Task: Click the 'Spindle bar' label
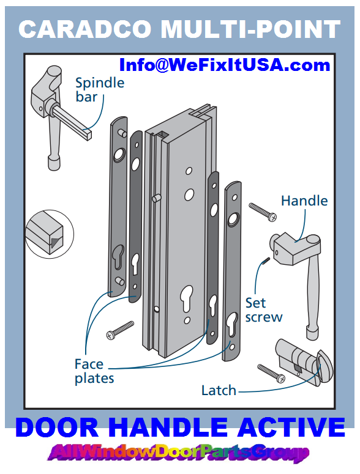[99, 89]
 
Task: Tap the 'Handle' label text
[304, 201]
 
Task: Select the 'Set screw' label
[264, 309]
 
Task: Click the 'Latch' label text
[219, 390]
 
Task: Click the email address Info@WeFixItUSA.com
[225, 65]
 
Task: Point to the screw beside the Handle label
[263, 211]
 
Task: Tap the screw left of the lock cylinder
[271, 373]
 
